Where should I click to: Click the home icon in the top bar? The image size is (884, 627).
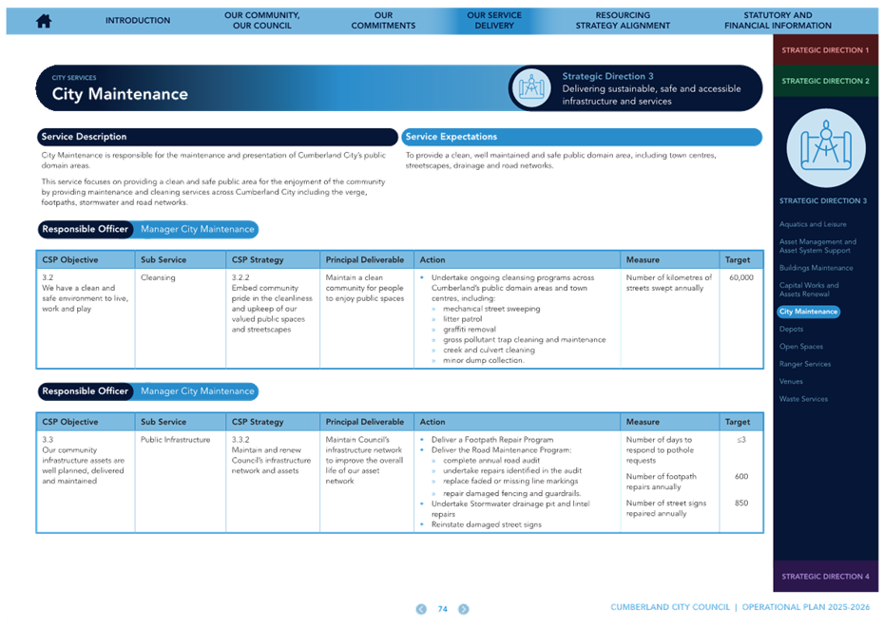tap(44, 21)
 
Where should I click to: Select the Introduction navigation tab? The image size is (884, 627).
tap(138, 20)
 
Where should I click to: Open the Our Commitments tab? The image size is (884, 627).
tap(383, 20)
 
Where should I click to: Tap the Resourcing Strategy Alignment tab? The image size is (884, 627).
tap(623, 20)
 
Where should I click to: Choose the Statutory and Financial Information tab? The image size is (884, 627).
tap(778, 20)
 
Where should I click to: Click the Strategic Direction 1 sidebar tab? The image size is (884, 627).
tap(825, 50)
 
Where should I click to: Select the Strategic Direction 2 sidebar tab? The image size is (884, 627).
tap(825, 81)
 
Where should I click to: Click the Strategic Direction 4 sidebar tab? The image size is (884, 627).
tap(825, 577)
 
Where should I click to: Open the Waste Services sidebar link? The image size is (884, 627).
tap(803, 399)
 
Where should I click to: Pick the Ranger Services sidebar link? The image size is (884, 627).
tap(804, 364)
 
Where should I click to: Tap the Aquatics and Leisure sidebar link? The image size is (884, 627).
tap(813, 224)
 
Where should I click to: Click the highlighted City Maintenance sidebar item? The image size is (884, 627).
tap(809, 312)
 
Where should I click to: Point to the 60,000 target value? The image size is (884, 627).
tap(740, 277)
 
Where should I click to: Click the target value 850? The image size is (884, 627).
tap(741, 503)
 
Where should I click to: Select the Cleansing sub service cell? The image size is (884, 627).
tap(158, 277)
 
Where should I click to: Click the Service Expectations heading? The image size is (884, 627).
tap(451, 137)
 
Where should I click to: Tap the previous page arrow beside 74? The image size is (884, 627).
tap(421, 609)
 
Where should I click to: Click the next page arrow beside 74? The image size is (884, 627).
tap(464, 609)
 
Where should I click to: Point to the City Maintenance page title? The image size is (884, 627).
tap(120, 94)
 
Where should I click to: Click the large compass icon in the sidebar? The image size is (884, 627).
tap(826, 148)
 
